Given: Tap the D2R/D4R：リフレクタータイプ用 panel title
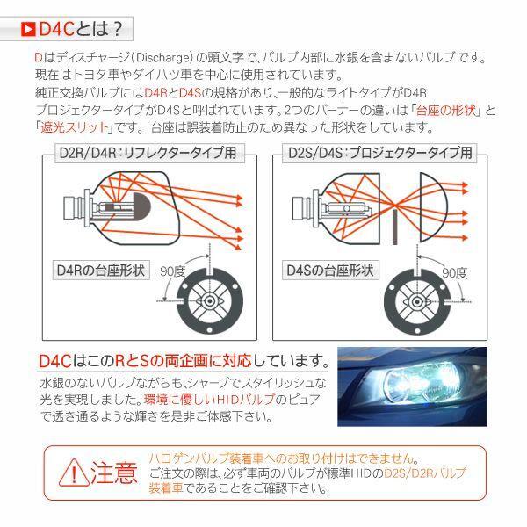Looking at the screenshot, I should (x=145, y=153).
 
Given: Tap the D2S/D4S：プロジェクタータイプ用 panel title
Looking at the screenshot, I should (x=380, y=153).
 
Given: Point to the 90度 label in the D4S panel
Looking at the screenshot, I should (x=454, y=271).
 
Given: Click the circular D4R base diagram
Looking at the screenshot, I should (x=213, y=300).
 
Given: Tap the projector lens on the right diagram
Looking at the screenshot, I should (x=435, y=206).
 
